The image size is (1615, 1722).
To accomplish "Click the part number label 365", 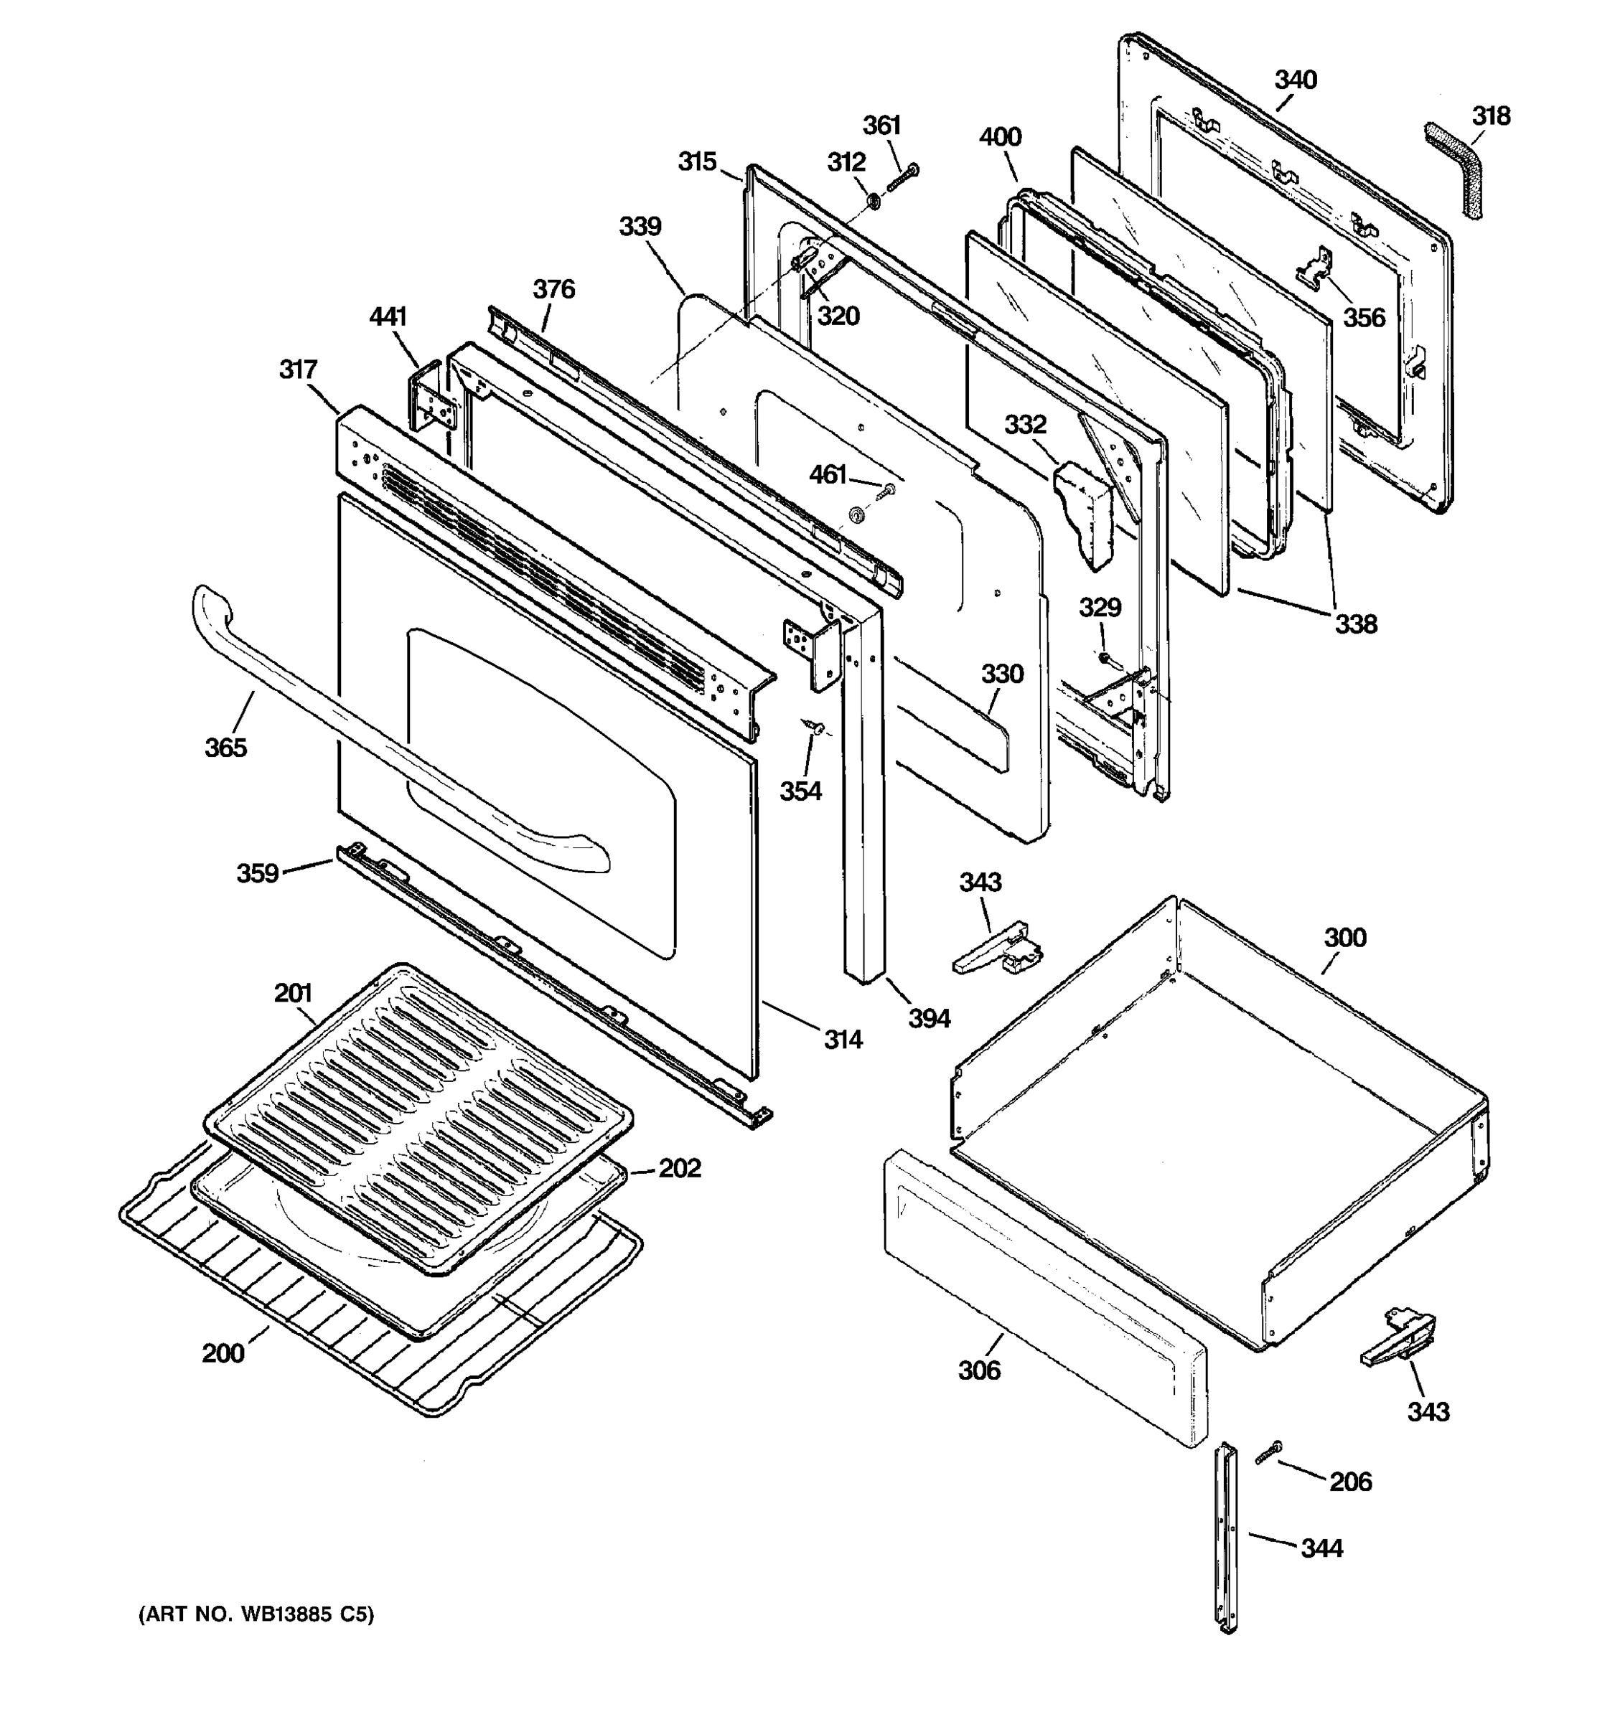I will [x=225, y=747].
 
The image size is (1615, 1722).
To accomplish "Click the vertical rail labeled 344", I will [x=1227, y=1540].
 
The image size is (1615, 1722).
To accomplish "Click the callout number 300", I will [x=1344, y=937].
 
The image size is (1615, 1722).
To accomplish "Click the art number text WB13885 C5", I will [x=256, y=1614].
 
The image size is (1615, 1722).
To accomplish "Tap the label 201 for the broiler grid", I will [x=293, y=993].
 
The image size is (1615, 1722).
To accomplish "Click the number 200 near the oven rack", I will [x=223, y=1353].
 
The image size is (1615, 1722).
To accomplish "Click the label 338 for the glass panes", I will [x=1355, y=623].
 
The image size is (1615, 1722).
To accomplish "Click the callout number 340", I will [x=1296, y=80].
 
